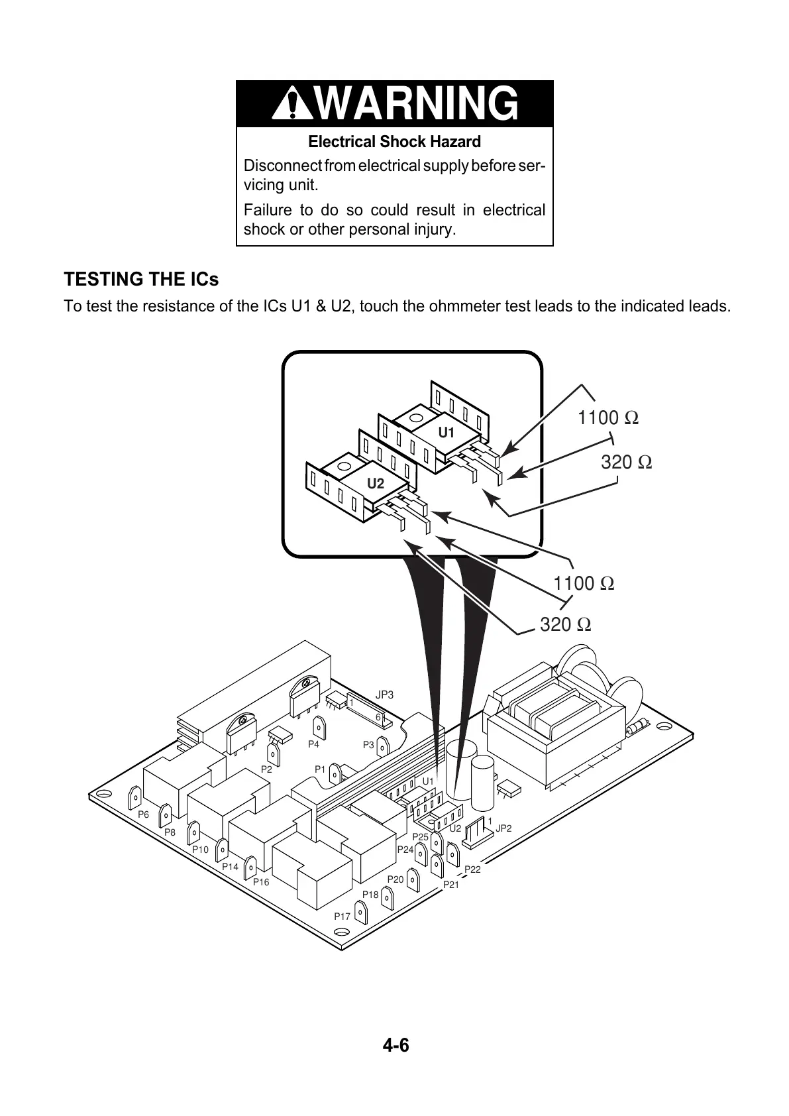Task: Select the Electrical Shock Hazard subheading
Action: coord(394,142)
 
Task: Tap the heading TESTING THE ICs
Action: coord(141,280)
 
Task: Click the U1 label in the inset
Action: coord(447,433)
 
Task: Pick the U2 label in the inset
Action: coord(376,483)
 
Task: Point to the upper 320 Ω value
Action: coord(626,462)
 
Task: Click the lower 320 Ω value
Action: coord(565,624)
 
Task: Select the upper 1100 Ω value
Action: coord(607,418)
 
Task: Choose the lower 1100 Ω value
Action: coord(583,583)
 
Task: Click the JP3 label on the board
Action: coord(384,695)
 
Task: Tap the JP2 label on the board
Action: coord(503,828)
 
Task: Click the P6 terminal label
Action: coord(143,815)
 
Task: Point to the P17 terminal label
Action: coord(342,917)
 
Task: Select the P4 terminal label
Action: coord(313,744)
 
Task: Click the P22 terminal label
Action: coord(472,869)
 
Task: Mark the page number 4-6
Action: coord(395,1046)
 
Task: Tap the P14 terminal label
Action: coord(230,866)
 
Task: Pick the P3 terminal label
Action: coord(368,745)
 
